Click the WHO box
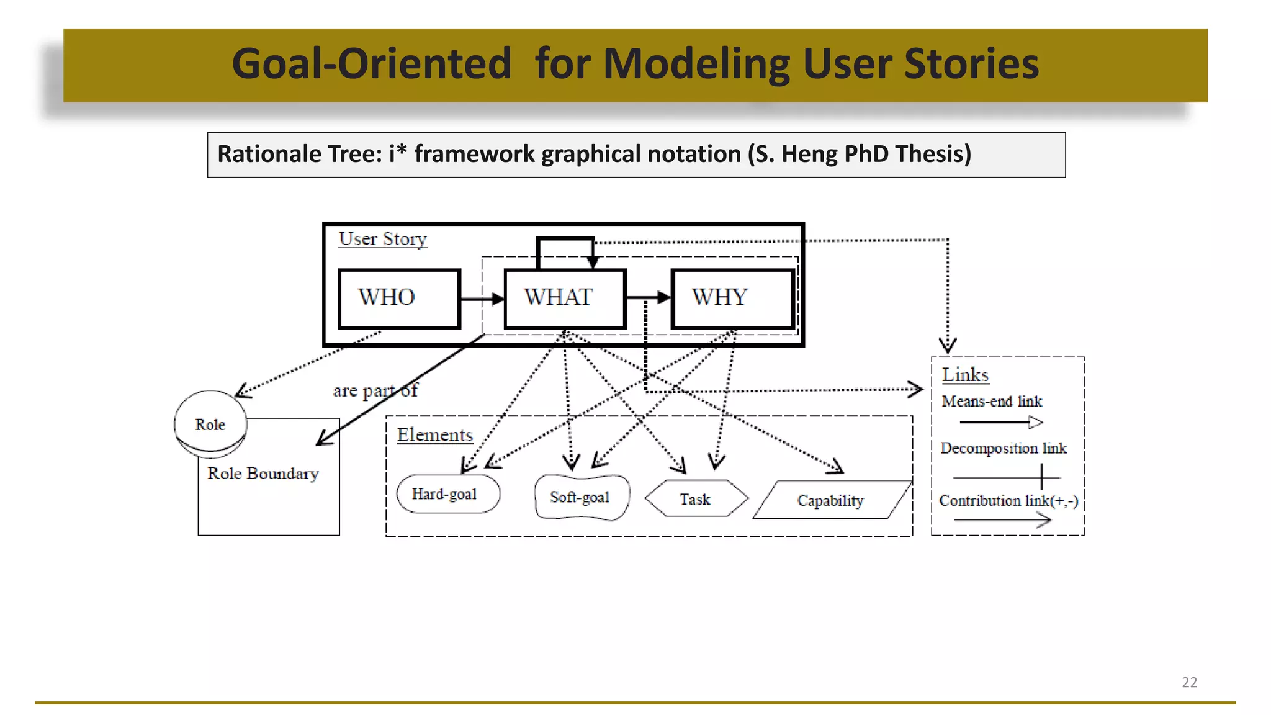pos(399,298)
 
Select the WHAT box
pos(565,298)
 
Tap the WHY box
pos(732,298)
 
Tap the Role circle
pos(210,424)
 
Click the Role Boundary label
pos(263,474)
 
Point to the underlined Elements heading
pos(434,435)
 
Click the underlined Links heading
pos(965,375)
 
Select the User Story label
pos(383,239)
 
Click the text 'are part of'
pos(375,391)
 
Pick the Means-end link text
pos(992,402)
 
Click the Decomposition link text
pos(1003,448)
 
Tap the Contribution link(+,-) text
pos(1008,500)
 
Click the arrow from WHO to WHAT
pos(482,299)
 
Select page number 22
pos(1189,682)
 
